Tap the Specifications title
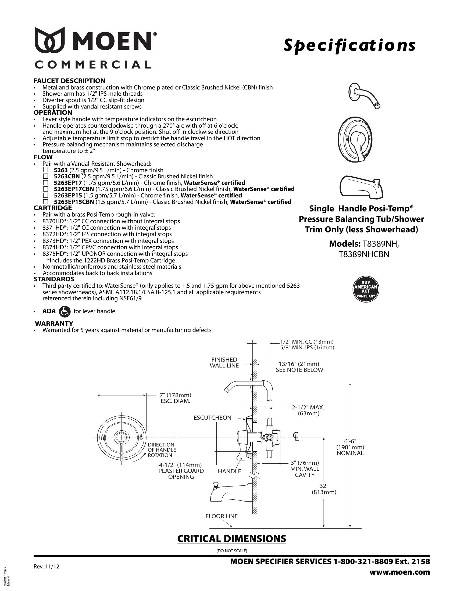tap(349, 45)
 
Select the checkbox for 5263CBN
tap(45, 176)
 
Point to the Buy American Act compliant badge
tap(366, 289)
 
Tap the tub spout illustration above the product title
tap(362, 186)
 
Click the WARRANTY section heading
tap(54, 323)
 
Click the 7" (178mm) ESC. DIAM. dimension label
tap(176, 398)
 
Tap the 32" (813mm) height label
tap(324, 489)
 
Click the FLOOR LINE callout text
tap(222, 516)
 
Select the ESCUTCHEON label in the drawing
tap(213, 417)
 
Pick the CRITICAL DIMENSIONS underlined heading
tap(231, 539)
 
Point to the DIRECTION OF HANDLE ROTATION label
tap(162, 450)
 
